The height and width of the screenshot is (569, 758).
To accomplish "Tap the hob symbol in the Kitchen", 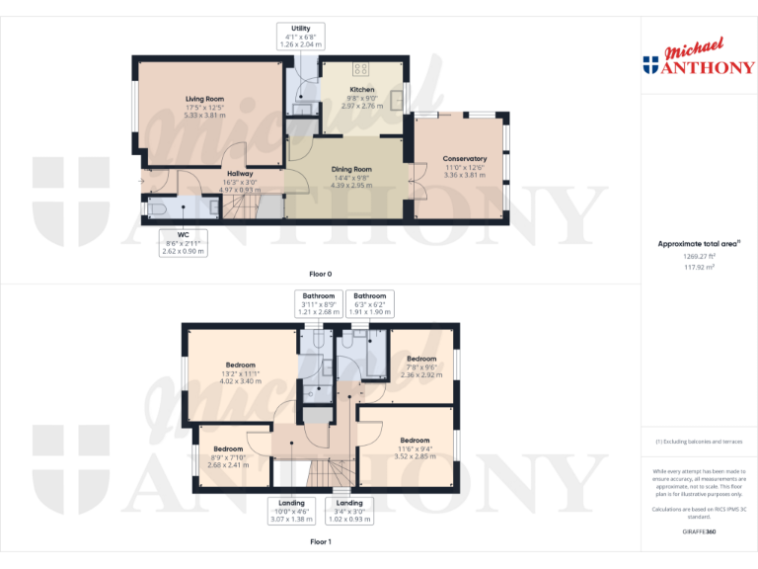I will tap(360, 71).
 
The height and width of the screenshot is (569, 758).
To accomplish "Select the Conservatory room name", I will tap(464, 159).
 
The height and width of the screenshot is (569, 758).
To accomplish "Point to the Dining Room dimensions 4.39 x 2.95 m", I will tap(351, 185).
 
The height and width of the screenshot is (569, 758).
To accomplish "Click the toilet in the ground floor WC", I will tap(159, 209).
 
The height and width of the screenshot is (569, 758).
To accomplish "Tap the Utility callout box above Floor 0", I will tap(301, 37).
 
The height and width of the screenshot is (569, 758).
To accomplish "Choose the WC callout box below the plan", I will tap(183, 243).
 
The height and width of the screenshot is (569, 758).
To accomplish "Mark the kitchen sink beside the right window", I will tap(398, 98).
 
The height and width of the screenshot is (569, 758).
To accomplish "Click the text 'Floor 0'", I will tap(321, 273).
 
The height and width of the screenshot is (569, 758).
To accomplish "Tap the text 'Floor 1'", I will tap(321, 542).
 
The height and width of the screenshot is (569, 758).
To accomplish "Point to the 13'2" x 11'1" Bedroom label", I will tap(240, 366).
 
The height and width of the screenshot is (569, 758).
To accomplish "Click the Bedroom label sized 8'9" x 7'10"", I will tap(227, 448).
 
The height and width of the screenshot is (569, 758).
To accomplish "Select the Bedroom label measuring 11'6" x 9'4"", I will tap(415, 441).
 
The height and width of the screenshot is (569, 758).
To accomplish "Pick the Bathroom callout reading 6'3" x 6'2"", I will tap(370, 303).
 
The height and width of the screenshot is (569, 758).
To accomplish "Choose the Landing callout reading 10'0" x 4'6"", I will tap(291, 510).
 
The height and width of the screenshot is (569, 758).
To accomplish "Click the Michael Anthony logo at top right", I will tap(698, 59).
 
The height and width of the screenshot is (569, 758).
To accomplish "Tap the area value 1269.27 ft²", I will tap(699, 256).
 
